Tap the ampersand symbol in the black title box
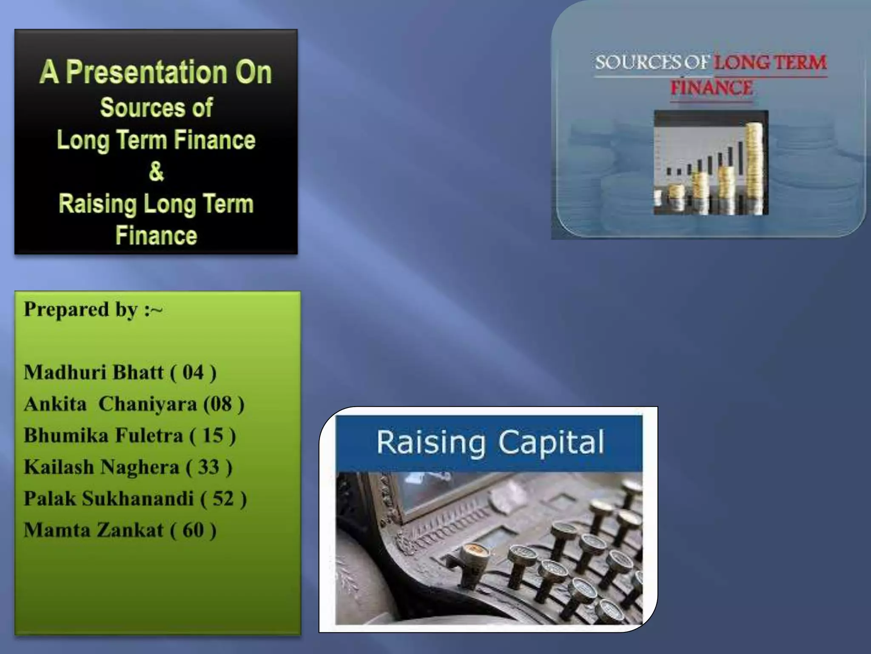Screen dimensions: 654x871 pos(156,172)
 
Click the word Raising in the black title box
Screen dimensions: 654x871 pos(97,204)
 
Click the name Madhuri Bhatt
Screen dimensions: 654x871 pos(94,373)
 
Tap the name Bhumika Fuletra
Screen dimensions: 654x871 pos(103,436)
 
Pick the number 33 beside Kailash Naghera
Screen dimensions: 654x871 pos(208,467)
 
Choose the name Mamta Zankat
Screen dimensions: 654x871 pos(94,531)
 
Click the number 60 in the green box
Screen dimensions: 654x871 pos(193,531)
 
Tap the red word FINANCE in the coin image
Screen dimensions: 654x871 pos(712,88)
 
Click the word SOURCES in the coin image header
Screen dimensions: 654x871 pos(638,63)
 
